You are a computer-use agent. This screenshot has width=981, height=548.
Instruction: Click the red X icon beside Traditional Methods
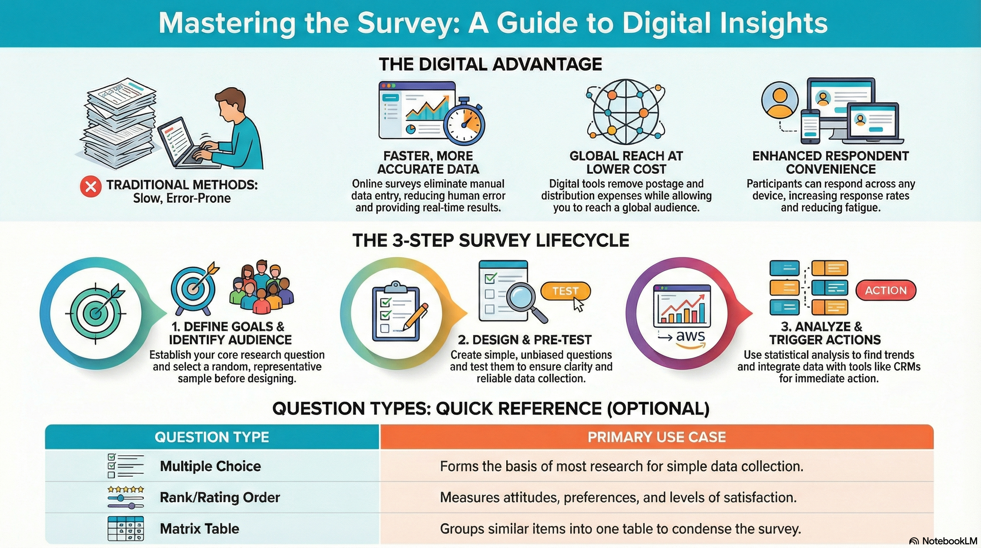pyautogui.click(x=91, y=187)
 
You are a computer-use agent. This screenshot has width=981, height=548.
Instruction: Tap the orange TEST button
pyautogui.click(x=565, y=291)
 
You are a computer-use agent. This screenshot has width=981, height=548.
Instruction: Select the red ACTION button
pyautogui.click(x=886, y=290)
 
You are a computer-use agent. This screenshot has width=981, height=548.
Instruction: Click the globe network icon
pyautogui.click(x=626, y=112)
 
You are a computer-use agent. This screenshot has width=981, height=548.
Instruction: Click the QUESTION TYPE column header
pyautogui.click(x=212, y=437)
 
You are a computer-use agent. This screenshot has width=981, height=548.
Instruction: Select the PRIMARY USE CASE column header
pyautogui.click(x=657, y=437)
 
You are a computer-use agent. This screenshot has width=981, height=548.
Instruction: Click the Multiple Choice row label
pyautogui.click(x=210, y=466)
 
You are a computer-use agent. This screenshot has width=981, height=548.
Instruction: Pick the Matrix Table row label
pyautogui.click(x=200, y=529)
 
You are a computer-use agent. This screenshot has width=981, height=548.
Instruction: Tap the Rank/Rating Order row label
pyautogui.click(x=220, y=497)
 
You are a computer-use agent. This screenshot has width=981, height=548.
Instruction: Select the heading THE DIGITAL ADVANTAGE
pyautogui.click(x=490, y=64)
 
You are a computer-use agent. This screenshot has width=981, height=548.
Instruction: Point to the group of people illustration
pyautogui.click(x=262, y=286)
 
